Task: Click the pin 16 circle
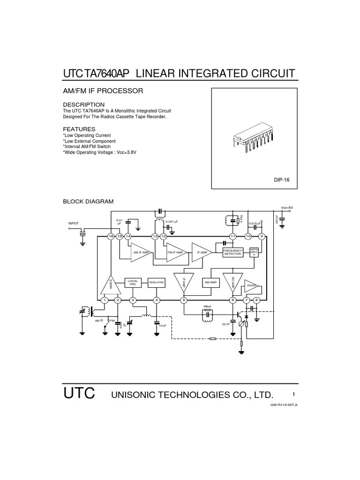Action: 111,236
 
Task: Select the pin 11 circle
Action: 232,236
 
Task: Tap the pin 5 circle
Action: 184,300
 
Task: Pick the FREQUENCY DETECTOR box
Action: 233,252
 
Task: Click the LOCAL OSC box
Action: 132,282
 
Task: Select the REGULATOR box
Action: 156,283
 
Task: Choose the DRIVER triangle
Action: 253,285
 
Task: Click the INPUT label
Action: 74,224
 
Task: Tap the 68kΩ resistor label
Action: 207,307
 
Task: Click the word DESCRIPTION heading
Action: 84,104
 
